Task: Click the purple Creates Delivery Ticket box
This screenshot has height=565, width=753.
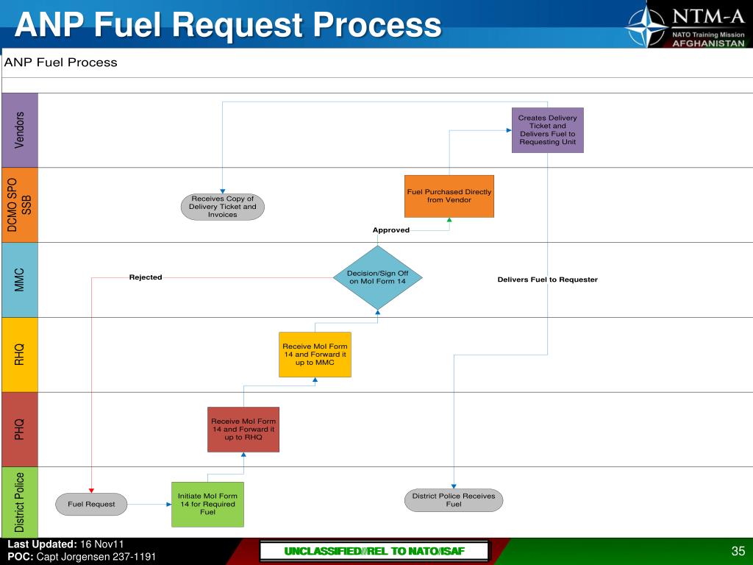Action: coord(547,130)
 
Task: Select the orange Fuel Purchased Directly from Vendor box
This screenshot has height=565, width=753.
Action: coord(449,196)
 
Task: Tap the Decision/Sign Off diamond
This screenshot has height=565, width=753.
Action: coord(377,277)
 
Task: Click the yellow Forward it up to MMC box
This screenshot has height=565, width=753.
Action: coord(315,355)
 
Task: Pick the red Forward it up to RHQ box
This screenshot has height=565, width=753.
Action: coord(243,429)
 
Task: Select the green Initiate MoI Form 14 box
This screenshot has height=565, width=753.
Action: coord(207,504)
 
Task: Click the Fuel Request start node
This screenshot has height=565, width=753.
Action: coord(91,504)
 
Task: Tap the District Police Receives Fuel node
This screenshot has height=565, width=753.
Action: coord(453,500)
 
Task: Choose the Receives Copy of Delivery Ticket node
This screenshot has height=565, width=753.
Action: coord(222,207)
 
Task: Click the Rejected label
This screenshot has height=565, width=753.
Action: coord(146,277)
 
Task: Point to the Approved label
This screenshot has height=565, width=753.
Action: coord(390,230)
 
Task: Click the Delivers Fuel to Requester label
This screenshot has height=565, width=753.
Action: coord(547,280)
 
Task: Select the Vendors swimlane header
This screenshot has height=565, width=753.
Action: coord(19,130)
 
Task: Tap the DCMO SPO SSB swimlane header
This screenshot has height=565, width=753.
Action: coord(19,205)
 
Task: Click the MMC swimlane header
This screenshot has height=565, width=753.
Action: coord(19,280)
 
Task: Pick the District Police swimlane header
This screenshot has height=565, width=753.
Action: coord(19,502)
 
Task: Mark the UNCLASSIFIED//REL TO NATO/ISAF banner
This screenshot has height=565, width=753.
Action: coord(375,552)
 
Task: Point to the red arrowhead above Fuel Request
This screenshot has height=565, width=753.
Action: coord(91,490)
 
